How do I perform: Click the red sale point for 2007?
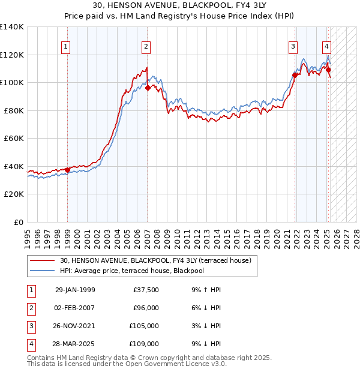(x=148, y=88)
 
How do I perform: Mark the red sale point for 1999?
(x=67, y=170)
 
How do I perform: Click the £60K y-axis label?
(x=13, y=138)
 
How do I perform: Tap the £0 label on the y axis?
(x=18, y=222)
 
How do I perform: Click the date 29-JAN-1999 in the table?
(x=75, y=290)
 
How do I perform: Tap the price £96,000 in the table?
(x=145, y=308)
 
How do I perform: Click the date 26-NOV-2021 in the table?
(x=75, y=326)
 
